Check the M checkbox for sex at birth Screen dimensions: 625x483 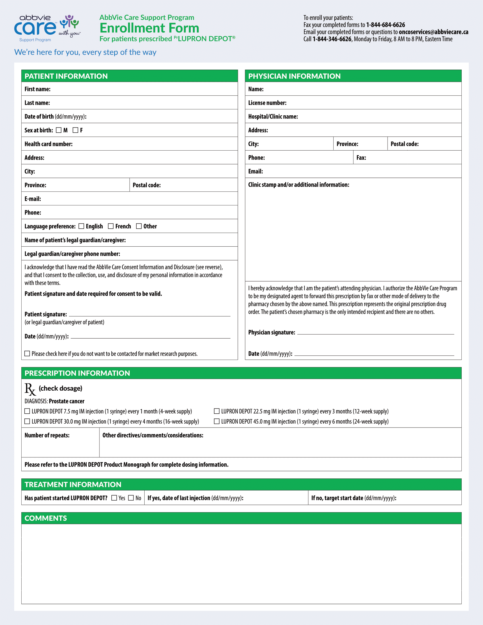(x=59, y=130)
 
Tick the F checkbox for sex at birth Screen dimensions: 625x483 (x=76, y=130)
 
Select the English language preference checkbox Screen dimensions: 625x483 (x=81, y=226)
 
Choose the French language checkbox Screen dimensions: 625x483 (x=111, y=226)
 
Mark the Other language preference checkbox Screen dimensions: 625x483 (x=139, y=226)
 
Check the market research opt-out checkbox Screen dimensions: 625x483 (x=27, y=353)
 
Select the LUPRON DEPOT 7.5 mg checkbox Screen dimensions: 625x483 (x=27, y=411)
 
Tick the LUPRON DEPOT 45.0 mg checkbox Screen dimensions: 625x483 (x=216, y=421)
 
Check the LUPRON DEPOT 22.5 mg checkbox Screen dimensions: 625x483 (x=216, y=411)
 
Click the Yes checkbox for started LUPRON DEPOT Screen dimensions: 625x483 (x=114, y=498)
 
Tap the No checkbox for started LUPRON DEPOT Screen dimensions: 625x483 (x=131, y=498)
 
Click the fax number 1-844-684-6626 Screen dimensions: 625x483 (x=386, y=25)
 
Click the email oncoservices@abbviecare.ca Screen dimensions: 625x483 (x=434, y=32)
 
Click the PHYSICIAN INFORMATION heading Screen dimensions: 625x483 (x=294, y=76)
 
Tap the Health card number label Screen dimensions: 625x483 (x=48, y=144)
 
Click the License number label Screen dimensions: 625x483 (x=267, y=103)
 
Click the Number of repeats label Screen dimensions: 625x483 (x=47, y=435)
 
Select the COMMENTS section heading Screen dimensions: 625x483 (x=46, y=518)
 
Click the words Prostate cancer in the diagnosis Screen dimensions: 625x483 (x=67, y=401)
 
